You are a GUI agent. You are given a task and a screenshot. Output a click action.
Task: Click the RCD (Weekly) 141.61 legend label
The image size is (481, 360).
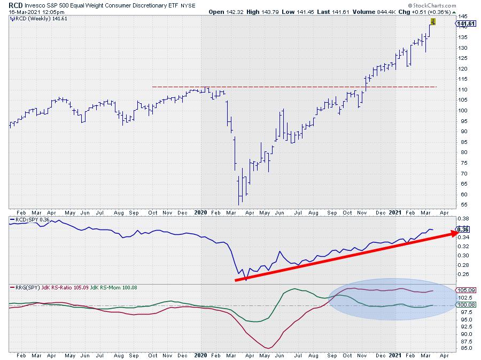tap(33, 18)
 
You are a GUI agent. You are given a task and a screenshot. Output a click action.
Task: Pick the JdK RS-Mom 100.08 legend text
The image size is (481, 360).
tap(110, 288)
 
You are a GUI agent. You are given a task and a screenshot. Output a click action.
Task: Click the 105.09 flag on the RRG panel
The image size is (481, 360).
tap(463, 290)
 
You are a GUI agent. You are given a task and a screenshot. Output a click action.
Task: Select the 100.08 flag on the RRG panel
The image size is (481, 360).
tap(463, 305)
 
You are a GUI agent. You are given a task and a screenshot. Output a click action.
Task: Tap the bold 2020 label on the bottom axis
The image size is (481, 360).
tap(200, 355)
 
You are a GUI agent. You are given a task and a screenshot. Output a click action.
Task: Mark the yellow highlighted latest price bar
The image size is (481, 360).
tap(433, 22)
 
